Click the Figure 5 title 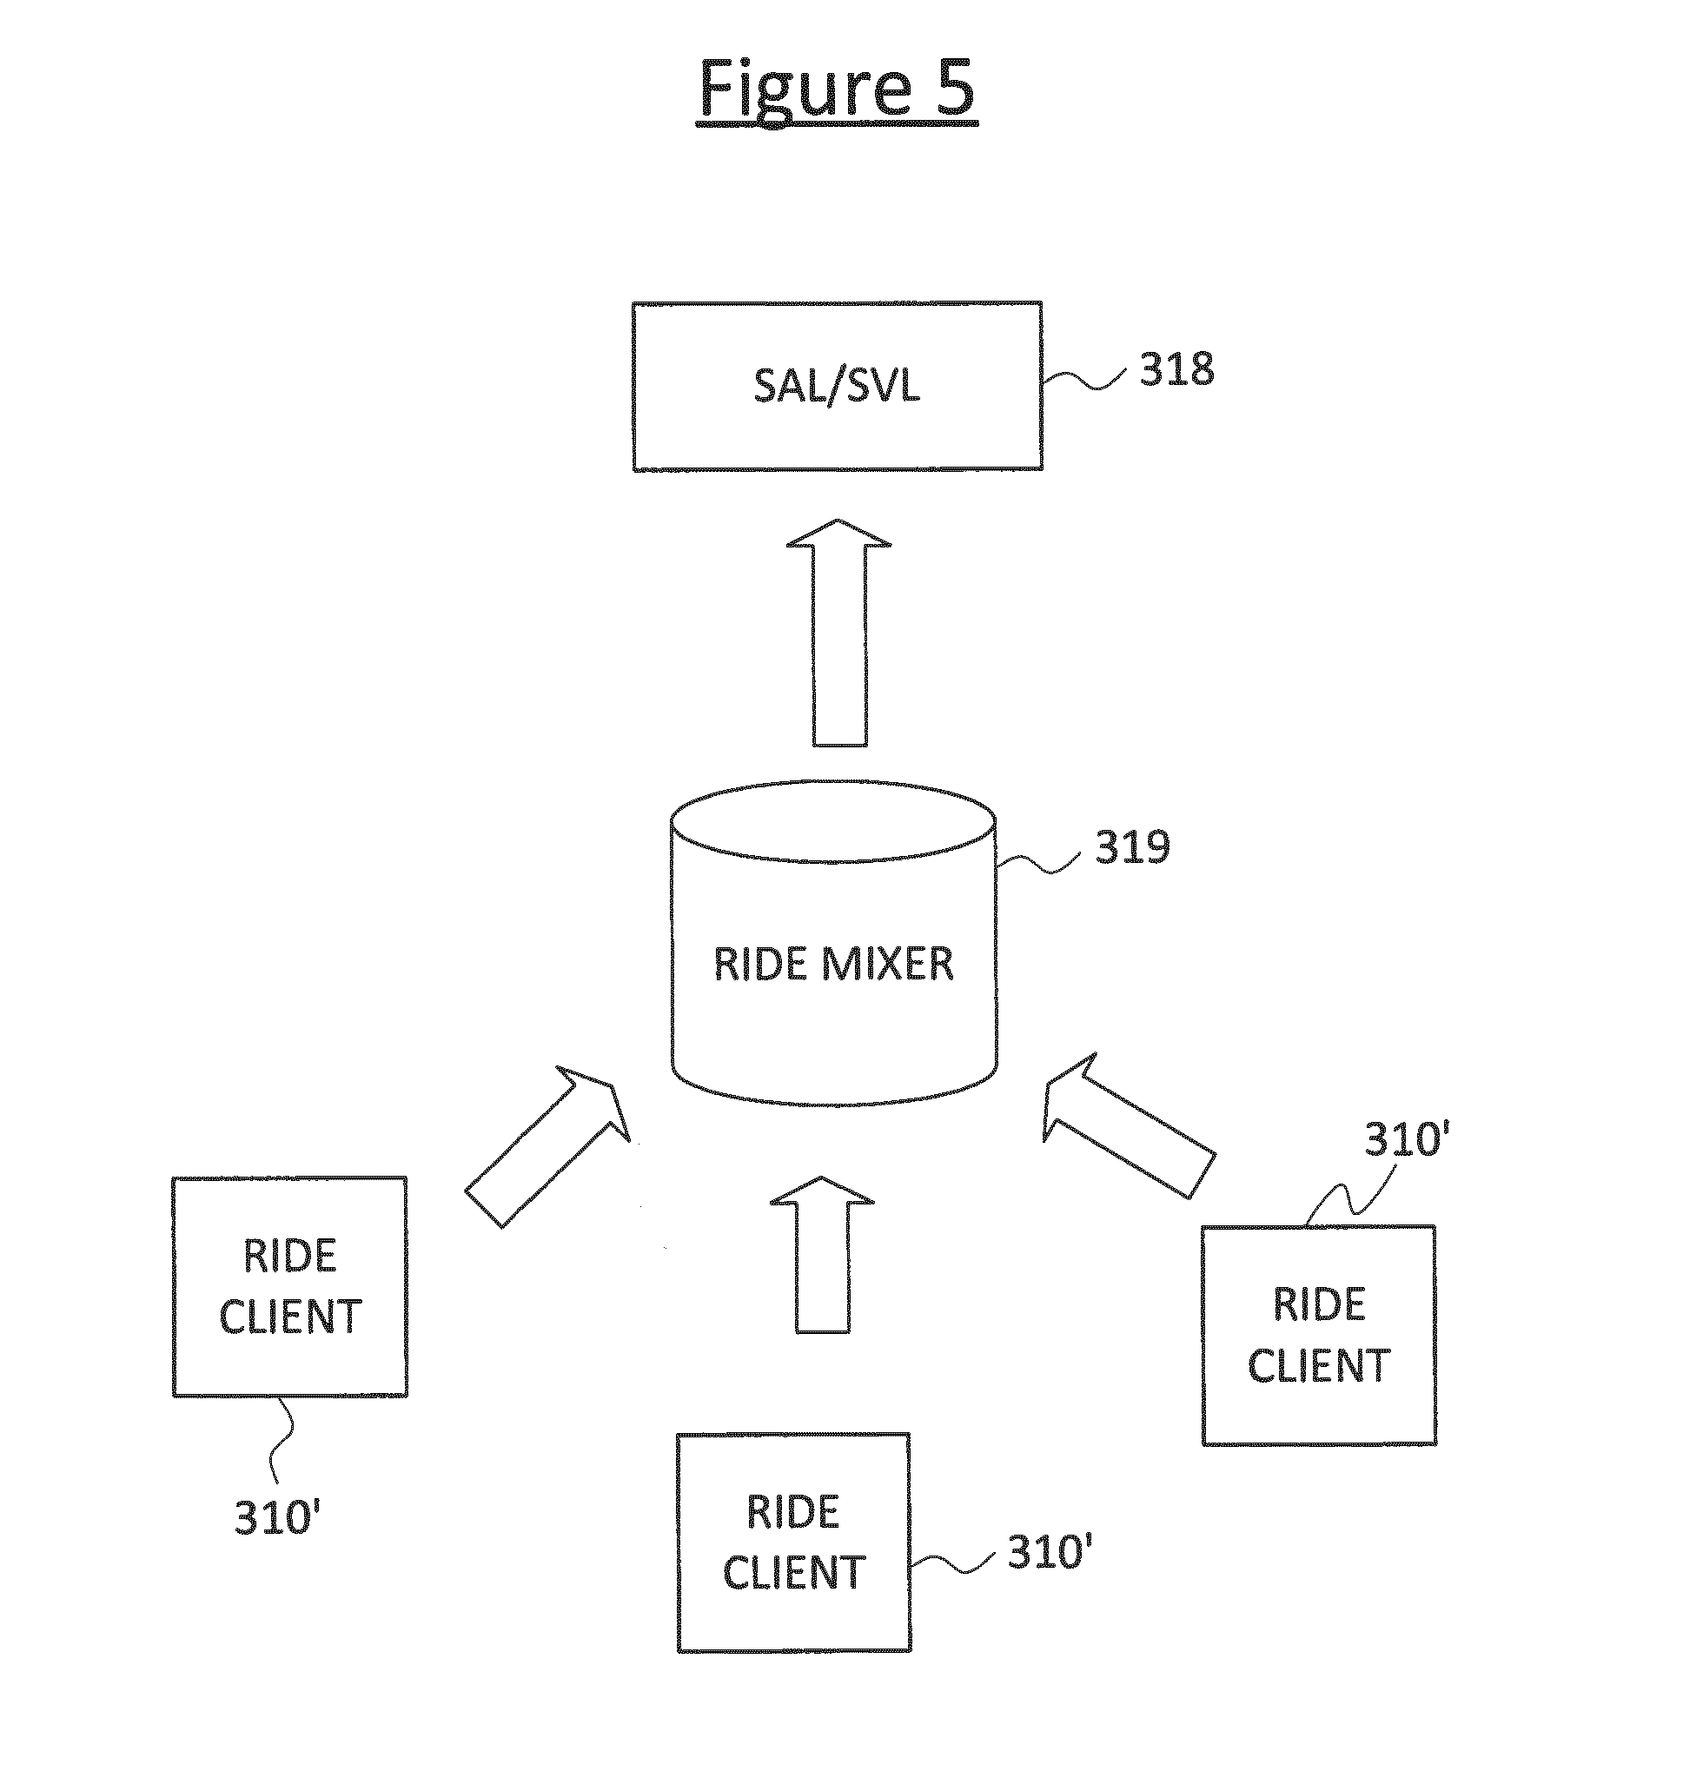coord(836,88)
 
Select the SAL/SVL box coord(836,386)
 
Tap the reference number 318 coord(1176,368)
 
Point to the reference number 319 coord(1132,846)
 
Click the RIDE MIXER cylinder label coord(833,964)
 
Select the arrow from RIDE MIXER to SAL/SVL coord(838,634)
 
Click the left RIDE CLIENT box coord(290,1287)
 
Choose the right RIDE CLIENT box coord(1318,1335)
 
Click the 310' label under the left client coord(277,1517)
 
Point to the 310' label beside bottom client coord(1049,1551)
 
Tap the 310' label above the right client coord(1407,1139)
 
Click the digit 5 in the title coord(954,88)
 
